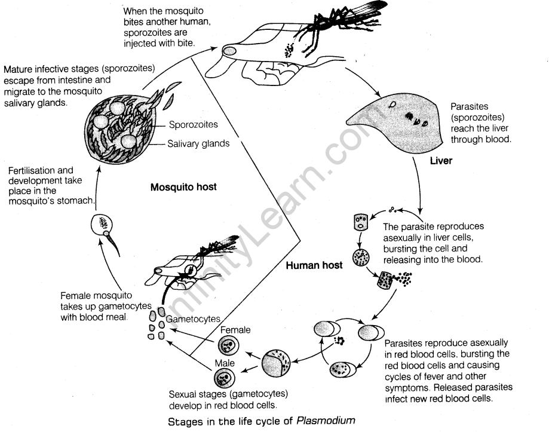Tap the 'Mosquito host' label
(183, 187)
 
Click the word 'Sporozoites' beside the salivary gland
(193, 124)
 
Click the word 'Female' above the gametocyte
(235, 329)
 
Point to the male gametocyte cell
(224, 378)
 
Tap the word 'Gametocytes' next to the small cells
(194, 319)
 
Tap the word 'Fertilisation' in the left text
(32, 170)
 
